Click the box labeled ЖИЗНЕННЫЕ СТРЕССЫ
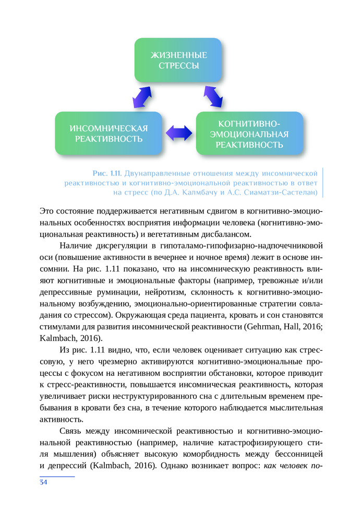tap(178, 61)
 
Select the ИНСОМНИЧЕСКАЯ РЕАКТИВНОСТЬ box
tap(109, 134)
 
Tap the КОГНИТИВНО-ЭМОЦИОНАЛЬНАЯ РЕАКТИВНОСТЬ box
tap(249, 134)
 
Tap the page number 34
tap(43, 482)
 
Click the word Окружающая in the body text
tap(137, 315)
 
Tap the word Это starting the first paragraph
tap(47, 211)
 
